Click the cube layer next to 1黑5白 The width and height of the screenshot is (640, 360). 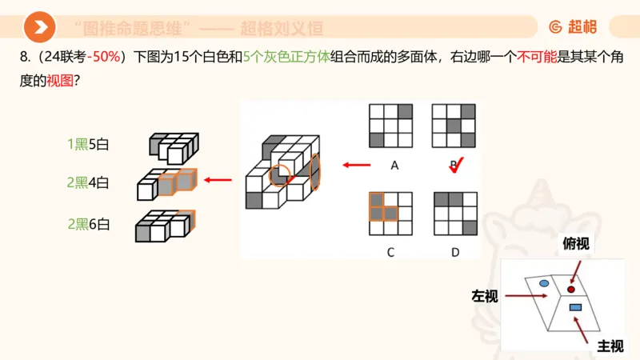[172, 146]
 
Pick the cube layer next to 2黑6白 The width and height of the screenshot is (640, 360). [164, 225]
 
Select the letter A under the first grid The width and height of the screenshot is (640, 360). [394, 166]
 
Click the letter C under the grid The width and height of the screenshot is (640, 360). [390, 252]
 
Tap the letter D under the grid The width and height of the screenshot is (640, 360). [455, 252]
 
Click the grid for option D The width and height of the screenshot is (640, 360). [454, 213]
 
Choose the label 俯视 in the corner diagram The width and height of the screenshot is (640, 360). [576, 244]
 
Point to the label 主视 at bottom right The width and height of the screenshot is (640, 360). [610, 346]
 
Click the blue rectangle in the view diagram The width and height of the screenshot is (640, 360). [574, 307]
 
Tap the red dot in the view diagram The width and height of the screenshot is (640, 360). [571, 289]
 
